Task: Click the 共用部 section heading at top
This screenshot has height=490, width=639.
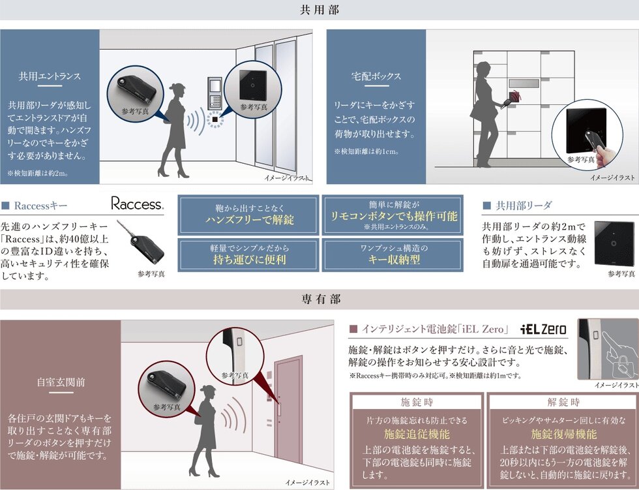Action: click(319, 10)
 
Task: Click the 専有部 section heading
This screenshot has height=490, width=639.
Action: click(319, 299)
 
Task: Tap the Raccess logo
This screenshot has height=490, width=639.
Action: click(137, 204)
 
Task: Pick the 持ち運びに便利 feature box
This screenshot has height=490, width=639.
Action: click(248, 254)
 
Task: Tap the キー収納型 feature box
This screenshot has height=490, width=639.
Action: click(393, 254)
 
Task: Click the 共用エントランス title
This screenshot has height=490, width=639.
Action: click(50, 76)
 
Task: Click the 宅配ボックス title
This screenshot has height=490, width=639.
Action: click(376, 76)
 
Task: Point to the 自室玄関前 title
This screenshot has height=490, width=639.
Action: click(60, 382)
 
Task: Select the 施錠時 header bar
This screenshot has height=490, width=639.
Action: click(416, 402)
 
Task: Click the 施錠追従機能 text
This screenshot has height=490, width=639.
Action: click(416, 434)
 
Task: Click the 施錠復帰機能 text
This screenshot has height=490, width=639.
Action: click(563, 434)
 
